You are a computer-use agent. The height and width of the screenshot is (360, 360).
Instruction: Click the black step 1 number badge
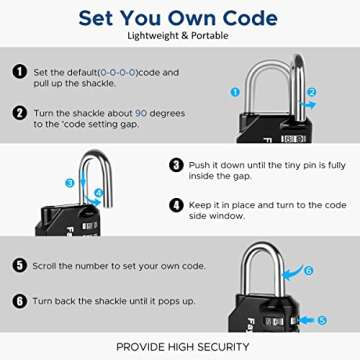pos(19,73)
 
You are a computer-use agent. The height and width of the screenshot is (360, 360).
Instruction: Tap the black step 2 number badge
pos(19,113)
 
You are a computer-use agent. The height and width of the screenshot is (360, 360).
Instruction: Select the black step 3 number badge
pos(176,165)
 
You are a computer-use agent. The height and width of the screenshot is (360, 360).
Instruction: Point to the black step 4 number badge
pos(176,205)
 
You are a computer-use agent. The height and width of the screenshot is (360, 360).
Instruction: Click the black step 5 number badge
pos(19,265)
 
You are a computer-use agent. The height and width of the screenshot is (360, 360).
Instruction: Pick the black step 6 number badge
pos(19,301)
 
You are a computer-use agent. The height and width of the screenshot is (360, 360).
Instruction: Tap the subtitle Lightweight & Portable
pos(179,36)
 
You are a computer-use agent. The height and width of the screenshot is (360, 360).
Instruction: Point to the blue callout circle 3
pos(69,183)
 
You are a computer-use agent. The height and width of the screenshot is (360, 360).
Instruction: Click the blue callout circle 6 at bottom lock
pos(335,270)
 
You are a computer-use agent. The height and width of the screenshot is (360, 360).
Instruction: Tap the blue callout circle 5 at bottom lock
pos(335,319)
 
